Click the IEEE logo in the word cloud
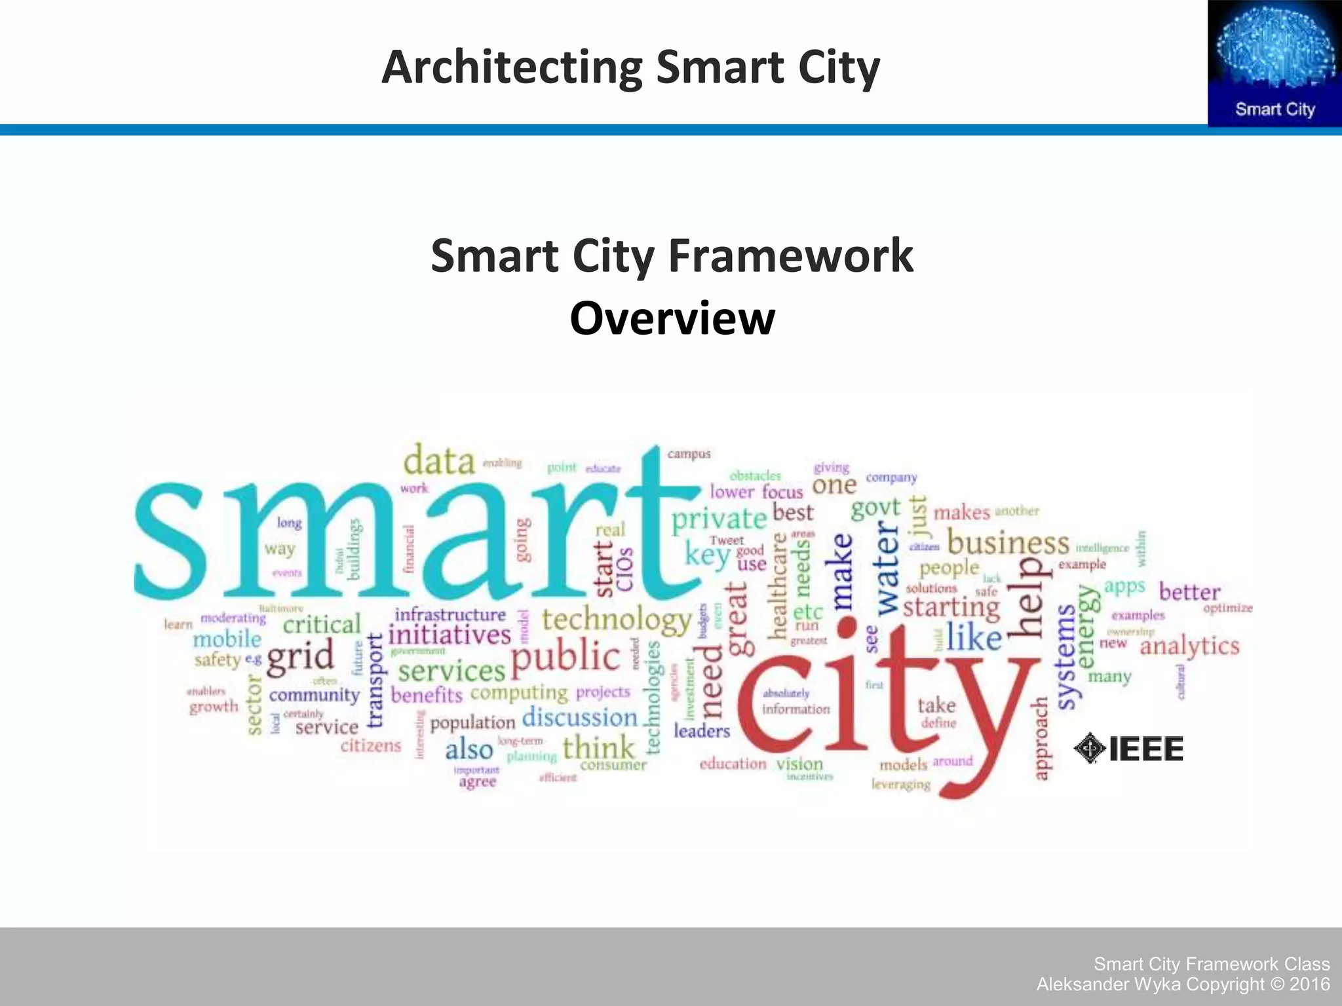1129,749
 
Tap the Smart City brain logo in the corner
1275,64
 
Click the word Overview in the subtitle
672,318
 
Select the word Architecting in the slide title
512,67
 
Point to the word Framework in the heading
790,256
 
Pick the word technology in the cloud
617,620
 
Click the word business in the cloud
1008,543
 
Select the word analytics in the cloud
1189,647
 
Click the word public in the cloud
565,657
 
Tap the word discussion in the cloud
580,717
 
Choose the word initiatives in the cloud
450,635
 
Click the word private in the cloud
719,519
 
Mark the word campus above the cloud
689,454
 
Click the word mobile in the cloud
227,639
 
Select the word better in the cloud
1189,592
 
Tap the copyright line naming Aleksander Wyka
1183,984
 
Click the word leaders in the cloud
702,731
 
